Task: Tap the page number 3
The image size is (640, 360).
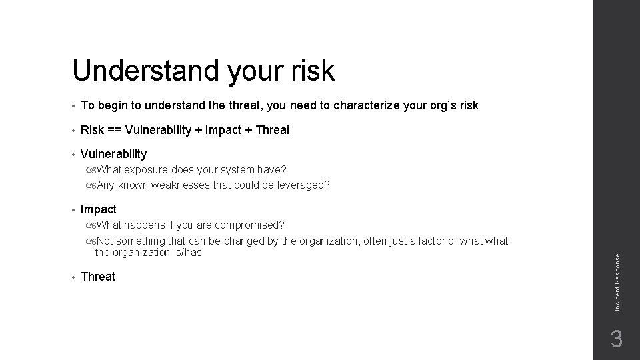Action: [617, 339]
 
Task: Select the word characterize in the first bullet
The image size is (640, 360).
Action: [367, 105]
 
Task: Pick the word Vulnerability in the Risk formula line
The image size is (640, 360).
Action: [158, 130]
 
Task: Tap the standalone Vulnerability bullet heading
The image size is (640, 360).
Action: [113, 154]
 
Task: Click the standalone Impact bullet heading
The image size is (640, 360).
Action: [98, 209]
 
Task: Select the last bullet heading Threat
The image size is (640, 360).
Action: [98, 277]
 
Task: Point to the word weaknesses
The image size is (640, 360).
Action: [181, 185]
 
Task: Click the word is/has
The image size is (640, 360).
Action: [187, 252]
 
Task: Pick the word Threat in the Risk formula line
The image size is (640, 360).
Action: [272, 130]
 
